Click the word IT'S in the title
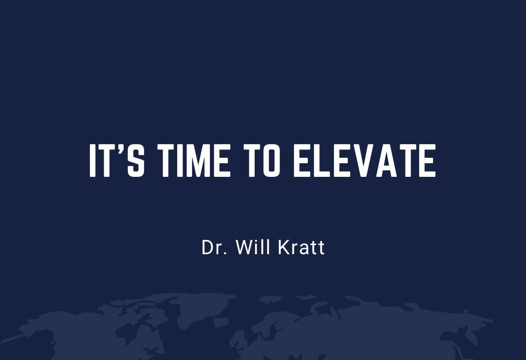click(x=117, y=161)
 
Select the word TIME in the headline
click(x=194, y=161)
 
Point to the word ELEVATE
click(x=365, y=161)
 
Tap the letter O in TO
click(x=272, y=161)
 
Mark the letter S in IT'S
click(x=136, y=161)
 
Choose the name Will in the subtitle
click(x=254, y=247)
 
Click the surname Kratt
click(x=301, y=247)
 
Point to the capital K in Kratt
click(x=284, y=247)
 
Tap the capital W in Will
click(x=244, y=247)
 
